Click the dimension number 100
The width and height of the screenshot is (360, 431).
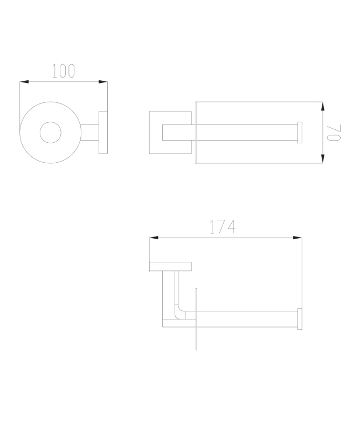click(63, 71)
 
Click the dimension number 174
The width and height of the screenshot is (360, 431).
click(223, 227)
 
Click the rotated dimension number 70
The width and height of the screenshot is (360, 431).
click(334, 132)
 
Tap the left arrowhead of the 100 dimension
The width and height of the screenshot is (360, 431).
click(24, 82)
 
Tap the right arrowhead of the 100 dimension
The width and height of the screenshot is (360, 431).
click(103, 82)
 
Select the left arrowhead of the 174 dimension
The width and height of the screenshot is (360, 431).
click(154, 238)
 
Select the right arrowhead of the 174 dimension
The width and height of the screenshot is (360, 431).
click(297, 238)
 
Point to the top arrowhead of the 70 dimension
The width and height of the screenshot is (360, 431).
click(323, 106)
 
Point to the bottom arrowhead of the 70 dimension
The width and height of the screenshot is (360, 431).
click(323, 159)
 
